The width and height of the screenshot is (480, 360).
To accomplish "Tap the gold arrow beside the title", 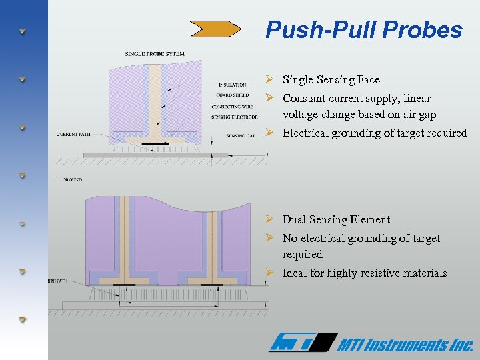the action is click(x=215, y=29).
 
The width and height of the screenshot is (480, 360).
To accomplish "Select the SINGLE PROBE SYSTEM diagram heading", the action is click(x=155, y=53).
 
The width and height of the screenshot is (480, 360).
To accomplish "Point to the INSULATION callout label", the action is click(x=232, y=85).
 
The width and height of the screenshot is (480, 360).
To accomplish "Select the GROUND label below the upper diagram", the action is click(x=73, y=180).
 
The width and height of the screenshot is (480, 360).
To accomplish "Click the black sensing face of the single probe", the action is click(x=155, y=143).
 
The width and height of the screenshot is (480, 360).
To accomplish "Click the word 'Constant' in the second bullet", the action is click(x=305, y=98).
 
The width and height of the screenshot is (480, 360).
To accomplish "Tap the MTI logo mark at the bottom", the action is click(x=301, y=343).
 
